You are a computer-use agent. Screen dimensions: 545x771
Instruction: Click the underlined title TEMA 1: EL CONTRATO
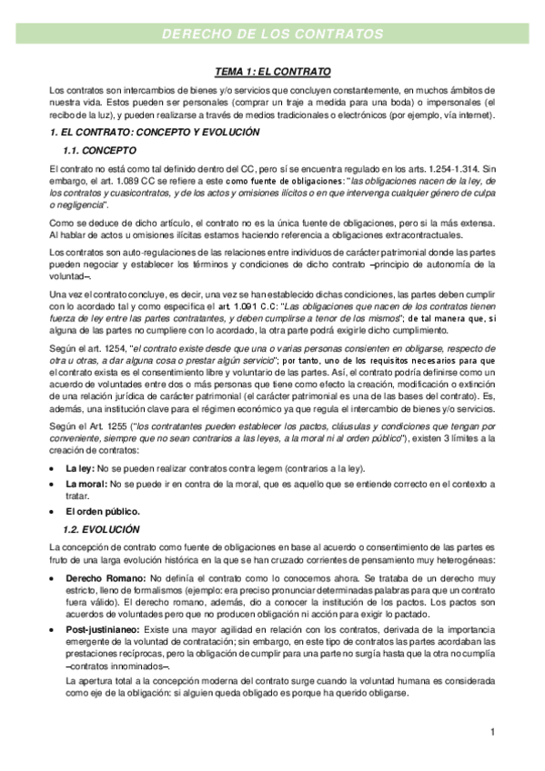point(272,71)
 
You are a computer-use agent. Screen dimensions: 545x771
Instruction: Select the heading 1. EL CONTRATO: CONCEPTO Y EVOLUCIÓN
point(155,133)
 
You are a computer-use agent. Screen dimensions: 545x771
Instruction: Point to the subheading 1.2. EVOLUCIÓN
point(101,528)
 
